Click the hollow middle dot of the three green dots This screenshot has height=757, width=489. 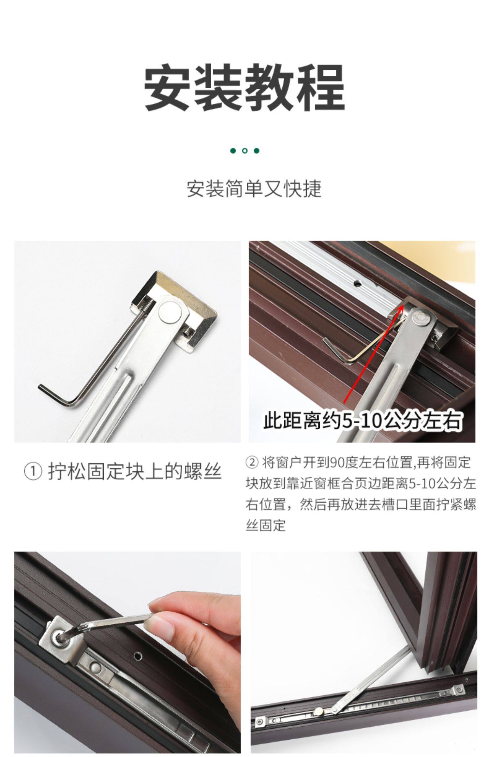point(245,151)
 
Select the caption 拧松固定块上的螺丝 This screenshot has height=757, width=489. point(135,471)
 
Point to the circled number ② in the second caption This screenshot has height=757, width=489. point(252,462)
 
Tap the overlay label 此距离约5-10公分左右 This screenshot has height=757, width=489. point(363,421)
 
